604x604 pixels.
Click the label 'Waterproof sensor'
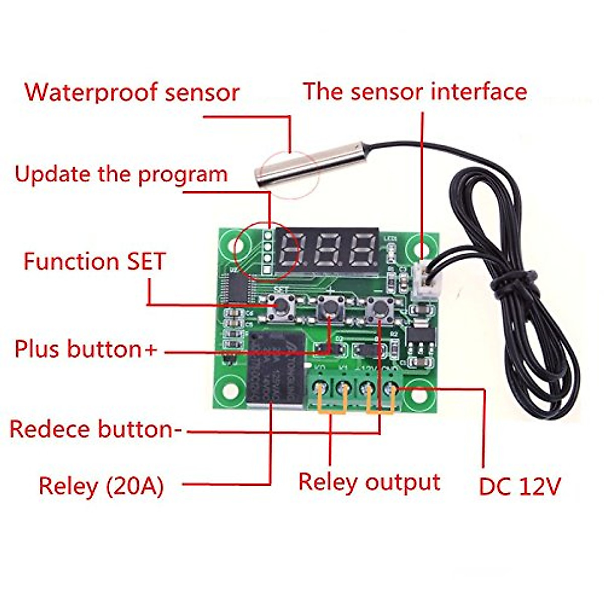pyautogui.click(x=132, y=93)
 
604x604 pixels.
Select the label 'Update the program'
pyautogui.click(x=121, y=174)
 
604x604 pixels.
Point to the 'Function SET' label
pyautogui.click(x=95, y=262)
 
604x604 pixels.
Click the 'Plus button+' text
pyautogui.click(x=86, y=349)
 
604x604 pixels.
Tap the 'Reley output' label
pyautogui.click(x=369, y=482)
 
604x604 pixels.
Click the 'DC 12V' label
pyautogui.click(x=519, y=486)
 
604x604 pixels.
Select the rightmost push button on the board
pyautogui.click(x=379, y=308)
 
